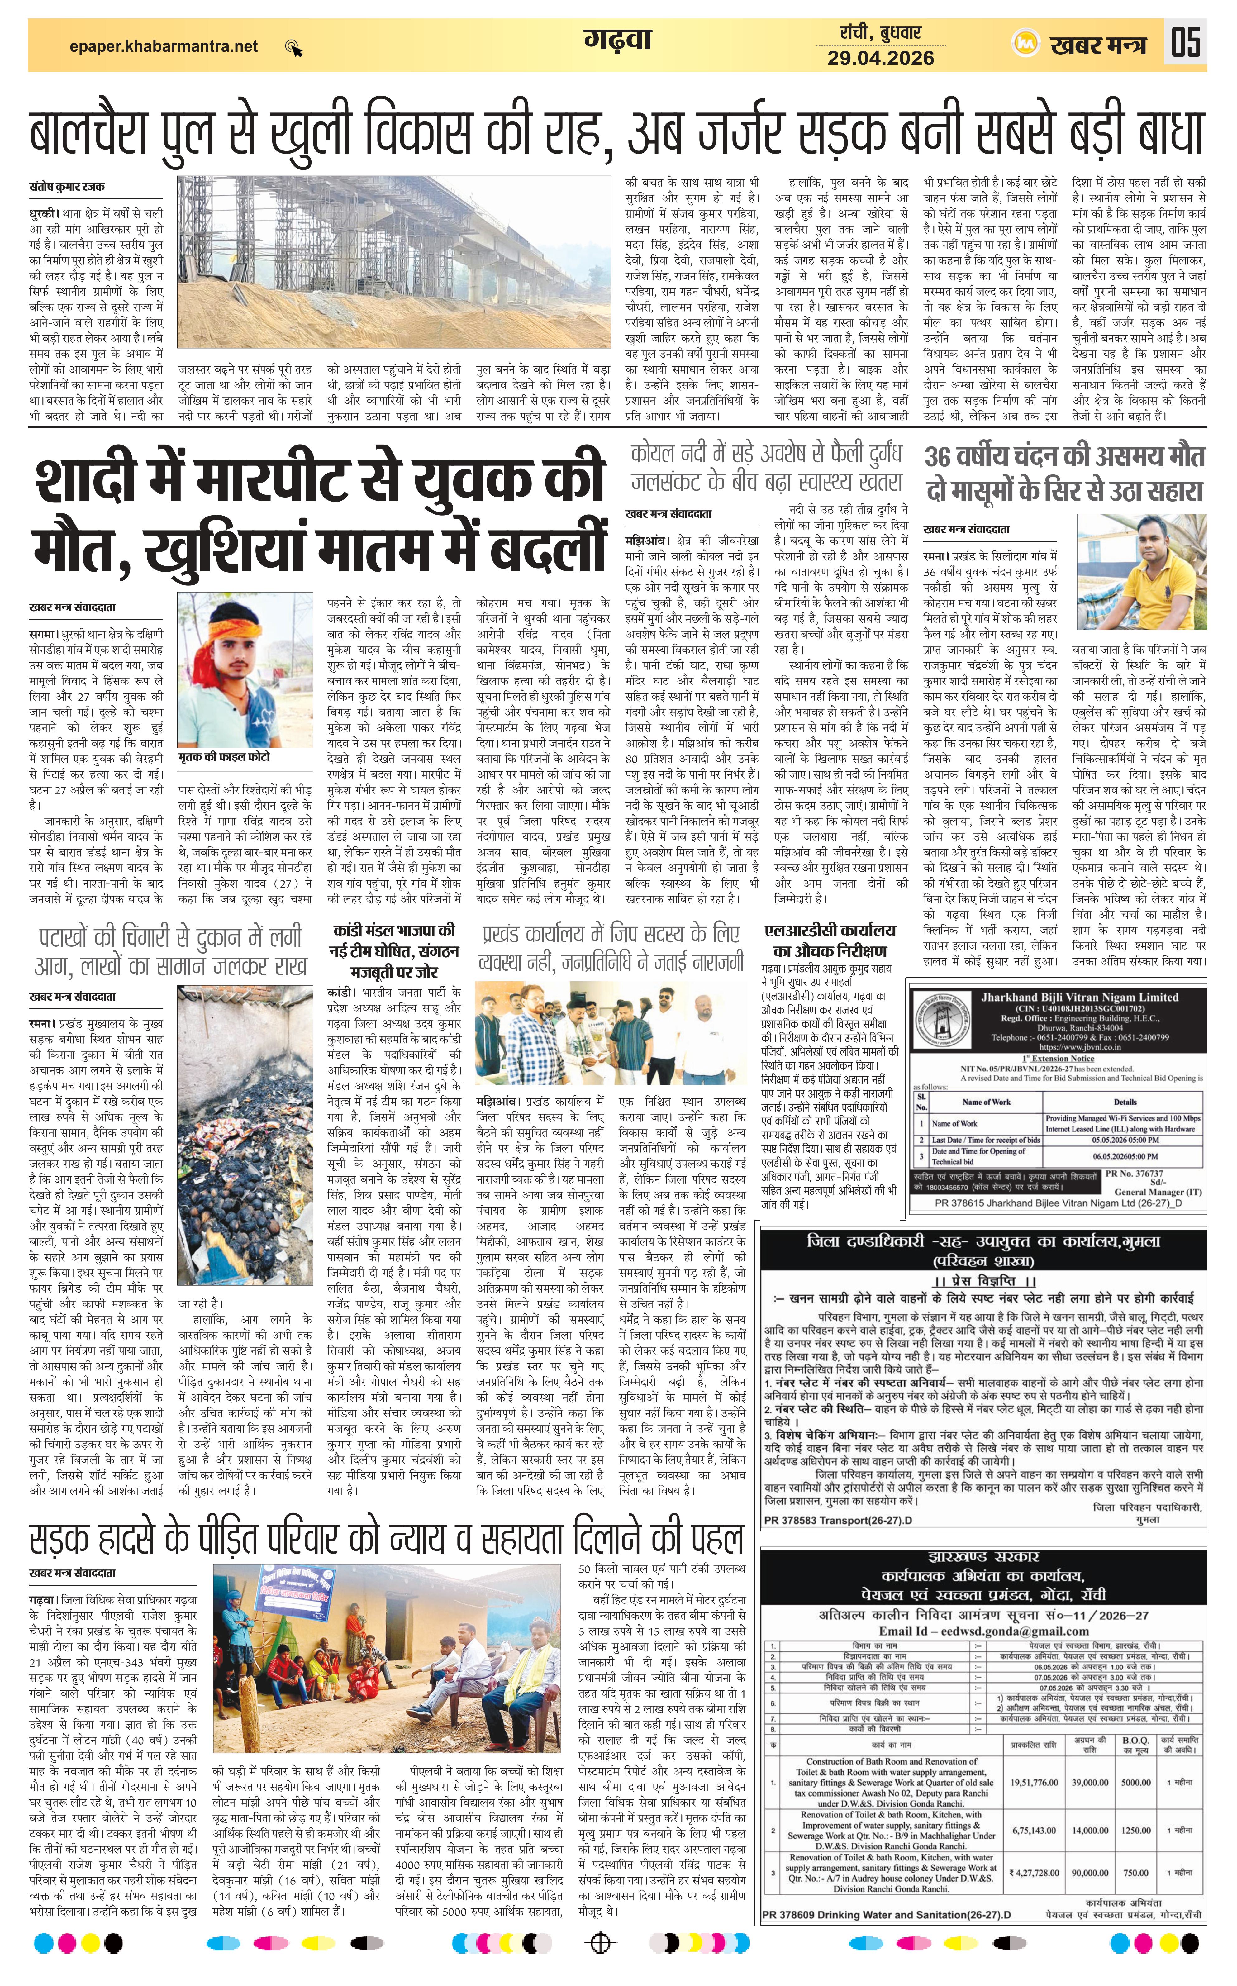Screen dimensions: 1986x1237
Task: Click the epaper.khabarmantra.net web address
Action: [164, 47]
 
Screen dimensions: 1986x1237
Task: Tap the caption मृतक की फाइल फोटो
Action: [223, 757]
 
